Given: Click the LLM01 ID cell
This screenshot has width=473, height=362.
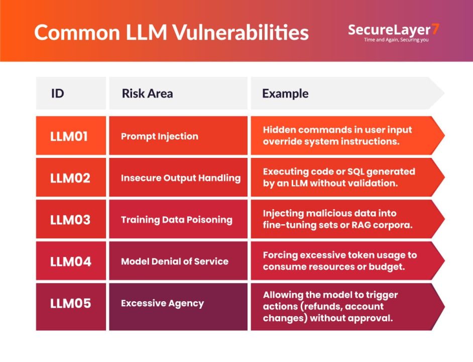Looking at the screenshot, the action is click(71, 135).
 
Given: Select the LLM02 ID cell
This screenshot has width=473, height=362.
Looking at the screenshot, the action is click(71, 177).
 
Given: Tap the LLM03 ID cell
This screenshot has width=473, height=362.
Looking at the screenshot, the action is click(71, 219).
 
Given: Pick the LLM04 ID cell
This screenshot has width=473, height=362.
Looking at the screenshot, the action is click(71, 261).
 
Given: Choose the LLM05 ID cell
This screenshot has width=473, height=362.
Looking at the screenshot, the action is click(71, 307).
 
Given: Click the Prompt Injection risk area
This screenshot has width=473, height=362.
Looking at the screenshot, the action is click(178, 135).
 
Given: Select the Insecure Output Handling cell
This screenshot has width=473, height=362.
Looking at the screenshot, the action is click(178, 177).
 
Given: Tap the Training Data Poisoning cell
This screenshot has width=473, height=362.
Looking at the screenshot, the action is click(178, 219).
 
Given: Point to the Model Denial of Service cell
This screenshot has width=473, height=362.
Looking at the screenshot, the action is click(178, 261).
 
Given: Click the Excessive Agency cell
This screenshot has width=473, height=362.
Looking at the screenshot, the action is click(178, 307).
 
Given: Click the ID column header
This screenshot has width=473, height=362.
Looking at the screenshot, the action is click(71, 93).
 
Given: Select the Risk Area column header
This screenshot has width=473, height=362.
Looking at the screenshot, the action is click(178, 93).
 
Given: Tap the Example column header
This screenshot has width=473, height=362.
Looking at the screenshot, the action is click(347, 93).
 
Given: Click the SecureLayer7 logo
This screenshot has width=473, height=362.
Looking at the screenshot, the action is click(394, 33).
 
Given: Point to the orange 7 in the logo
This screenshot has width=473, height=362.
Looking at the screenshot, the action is click(435, 29).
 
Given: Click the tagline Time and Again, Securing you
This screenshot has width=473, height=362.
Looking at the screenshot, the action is click(396, 40).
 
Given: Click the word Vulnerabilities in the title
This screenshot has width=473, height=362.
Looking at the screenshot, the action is click(241, 32).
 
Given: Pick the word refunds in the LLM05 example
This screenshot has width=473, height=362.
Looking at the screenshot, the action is click(321, 306).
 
